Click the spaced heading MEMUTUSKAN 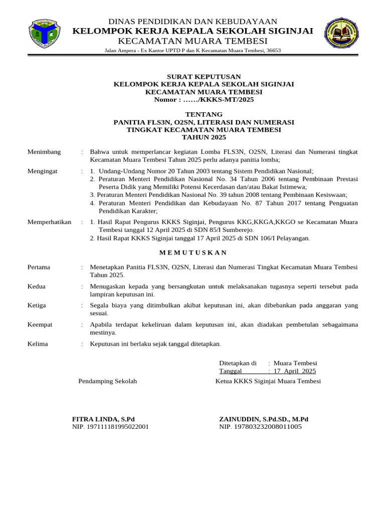(x=193, y=252)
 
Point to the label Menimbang (x=44, y=152)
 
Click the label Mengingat (x=43, y=171)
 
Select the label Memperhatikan (x=49, y=222)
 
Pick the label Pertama (x=39, y=267)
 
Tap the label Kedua (x=37, y=286)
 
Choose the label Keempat (x=40, y=325)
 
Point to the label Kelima (x=38, y=344)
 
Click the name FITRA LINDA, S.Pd (x=104, y=419)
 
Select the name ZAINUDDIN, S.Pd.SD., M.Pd (x=264, y=419)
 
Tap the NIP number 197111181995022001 (x=118, y=427)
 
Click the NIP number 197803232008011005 (x=268, y=427)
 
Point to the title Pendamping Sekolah (x=108, y=381)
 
